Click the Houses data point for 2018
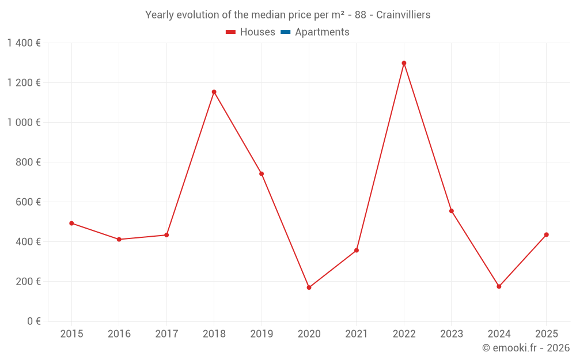(214, 92)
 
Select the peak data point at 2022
(404, 63)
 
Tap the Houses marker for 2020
(309, 287)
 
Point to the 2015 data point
(71, 223)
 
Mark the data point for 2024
(499, 286)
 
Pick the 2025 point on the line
(546, 234)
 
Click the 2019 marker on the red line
(262, 173)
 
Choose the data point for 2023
(452, 211)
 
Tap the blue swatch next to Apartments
(285, 32)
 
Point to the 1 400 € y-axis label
(24, 43)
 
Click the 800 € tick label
(28, 162)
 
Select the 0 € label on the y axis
(33, 321)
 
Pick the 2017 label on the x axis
(166, 334)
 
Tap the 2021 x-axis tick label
(357, 334)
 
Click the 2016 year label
(119, 334)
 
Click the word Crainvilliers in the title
(403, 15)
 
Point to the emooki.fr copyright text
(525, 348)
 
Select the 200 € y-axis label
(28, 282)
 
